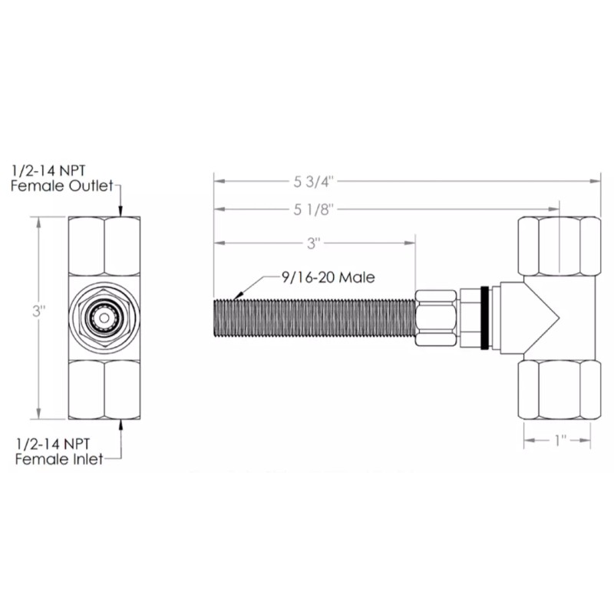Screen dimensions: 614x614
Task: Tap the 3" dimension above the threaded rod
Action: [x=312, y=243]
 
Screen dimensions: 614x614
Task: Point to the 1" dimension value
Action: [x=559, y=441]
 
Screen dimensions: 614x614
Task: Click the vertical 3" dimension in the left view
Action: [x=38, y=312]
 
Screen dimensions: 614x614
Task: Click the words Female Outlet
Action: [x=60, y=186]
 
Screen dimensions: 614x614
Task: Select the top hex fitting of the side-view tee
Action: [x=558, y=246]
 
